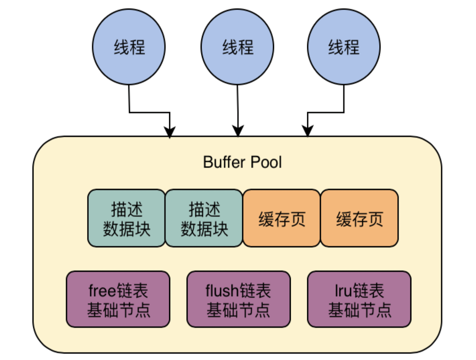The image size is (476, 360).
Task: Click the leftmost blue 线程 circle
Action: (x=129, y=47)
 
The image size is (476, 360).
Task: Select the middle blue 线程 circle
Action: (x=237, y=47)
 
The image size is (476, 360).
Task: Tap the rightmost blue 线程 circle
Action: (x=344, y=47)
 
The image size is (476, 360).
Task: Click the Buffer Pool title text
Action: (x=242, y=162)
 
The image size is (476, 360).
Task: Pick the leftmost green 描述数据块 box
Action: (x=126, y=218)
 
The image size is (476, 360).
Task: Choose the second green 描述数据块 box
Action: (x=204, y=218)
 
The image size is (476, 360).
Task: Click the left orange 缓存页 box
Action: (x=281, y=218)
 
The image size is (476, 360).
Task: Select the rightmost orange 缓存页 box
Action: (x=359, y=218)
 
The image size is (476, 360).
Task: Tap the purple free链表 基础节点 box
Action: (x=118, y=299)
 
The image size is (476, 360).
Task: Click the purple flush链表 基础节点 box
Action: (x=238, y=299)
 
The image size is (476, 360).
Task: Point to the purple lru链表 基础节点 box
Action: (x=359, y=299)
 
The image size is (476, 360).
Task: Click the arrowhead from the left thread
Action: (x=170, y=132)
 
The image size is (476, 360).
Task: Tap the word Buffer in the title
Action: (x=224, y=162)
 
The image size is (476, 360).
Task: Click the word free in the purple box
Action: (x=102, y=290)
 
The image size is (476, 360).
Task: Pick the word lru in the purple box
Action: (x=344, y=290)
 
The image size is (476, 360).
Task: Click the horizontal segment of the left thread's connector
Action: (x=150, y=113)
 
